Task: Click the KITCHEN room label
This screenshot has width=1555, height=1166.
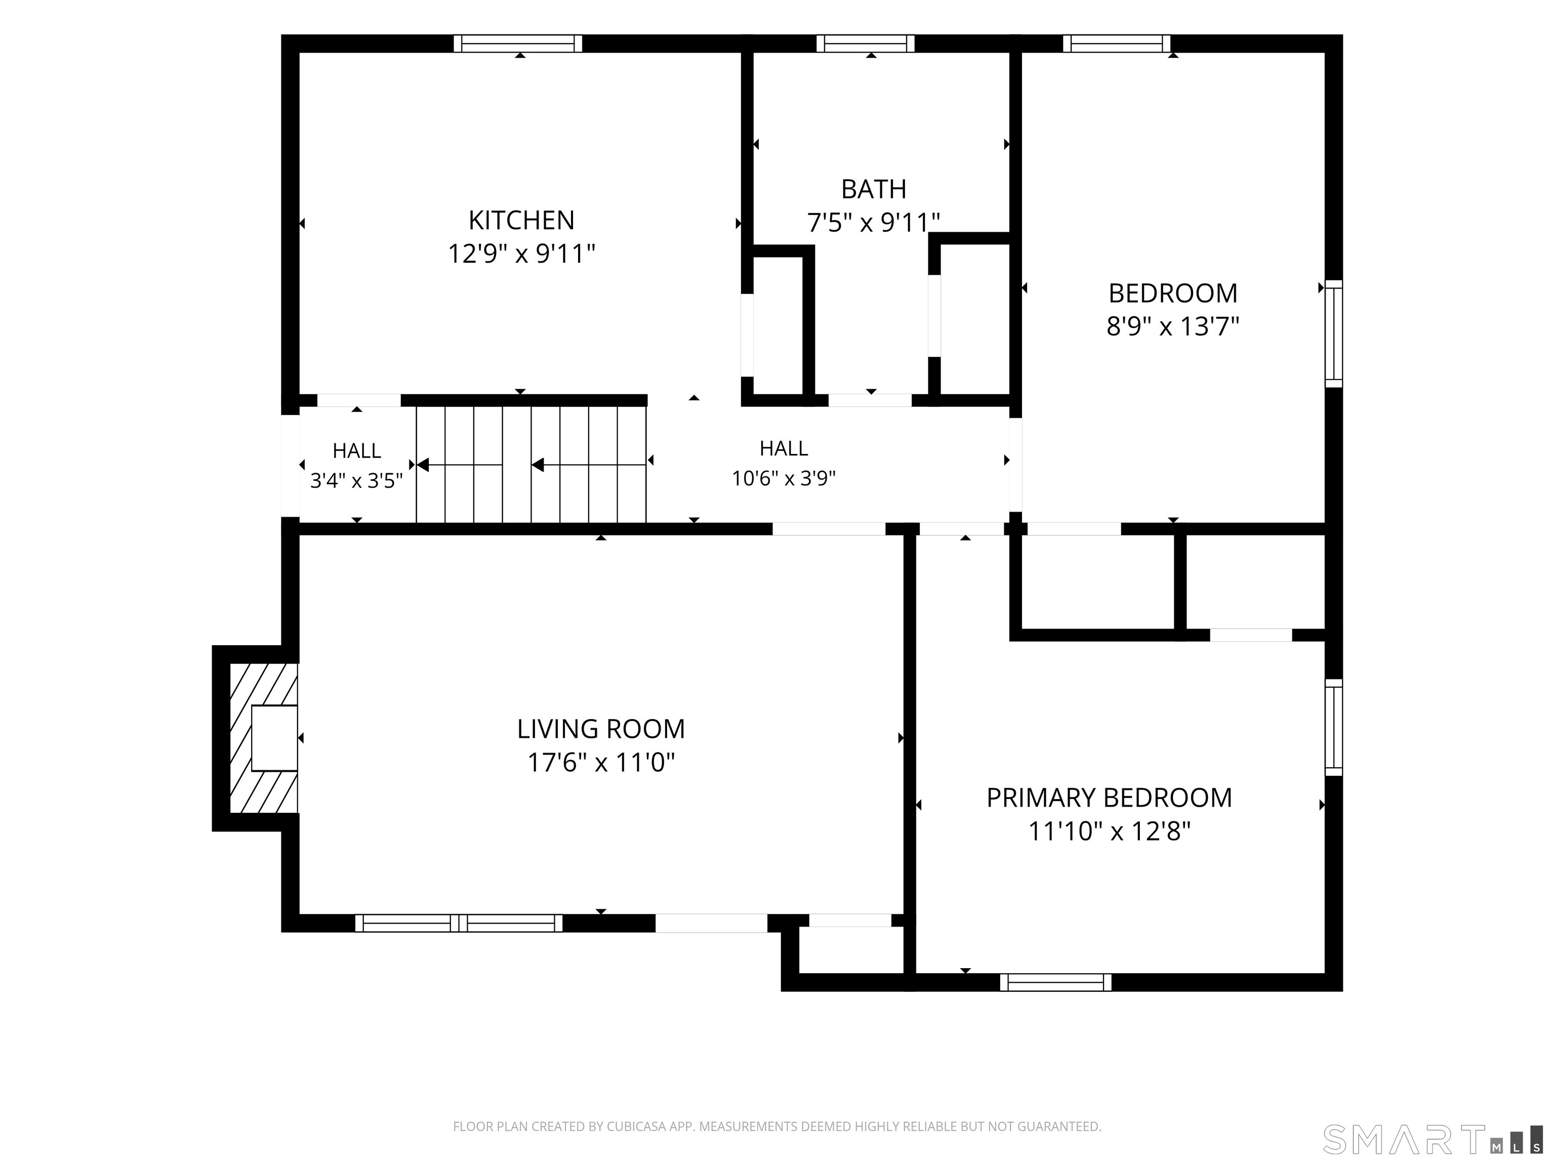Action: click(x=521, y=221)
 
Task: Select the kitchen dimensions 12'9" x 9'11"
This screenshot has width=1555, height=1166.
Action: click(x=521, y=254)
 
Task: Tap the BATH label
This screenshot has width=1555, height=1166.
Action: click(x=874, y=189)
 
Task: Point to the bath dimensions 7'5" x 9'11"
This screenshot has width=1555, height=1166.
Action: click(x=874, y=223)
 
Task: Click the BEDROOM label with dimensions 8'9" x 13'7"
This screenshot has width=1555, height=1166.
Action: click(x=1172, y=293)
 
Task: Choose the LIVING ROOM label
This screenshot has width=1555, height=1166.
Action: click(x=601, y=729)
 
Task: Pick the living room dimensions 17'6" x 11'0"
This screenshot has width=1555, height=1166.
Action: click(x=601, y=762)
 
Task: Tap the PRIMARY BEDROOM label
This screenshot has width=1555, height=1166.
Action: click(x=1110, y=798)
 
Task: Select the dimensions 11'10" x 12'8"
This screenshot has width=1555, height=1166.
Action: click(x=1110, y=831)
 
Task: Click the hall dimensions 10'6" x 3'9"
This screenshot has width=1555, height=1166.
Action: click(x=784, y=479)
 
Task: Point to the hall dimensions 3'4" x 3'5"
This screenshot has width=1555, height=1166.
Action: click(x=356, y=481)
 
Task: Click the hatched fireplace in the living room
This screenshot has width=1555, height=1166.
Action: click(x=264, y=738)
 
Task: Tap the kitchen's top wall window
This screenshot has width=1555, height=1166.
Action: click(x=518, y=44)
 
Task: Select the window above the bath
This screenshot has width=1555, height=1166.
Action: click(x=866, y=44)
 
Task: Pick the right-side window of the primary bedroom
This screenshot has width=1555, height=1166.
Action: click(x=1334, y=727)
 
